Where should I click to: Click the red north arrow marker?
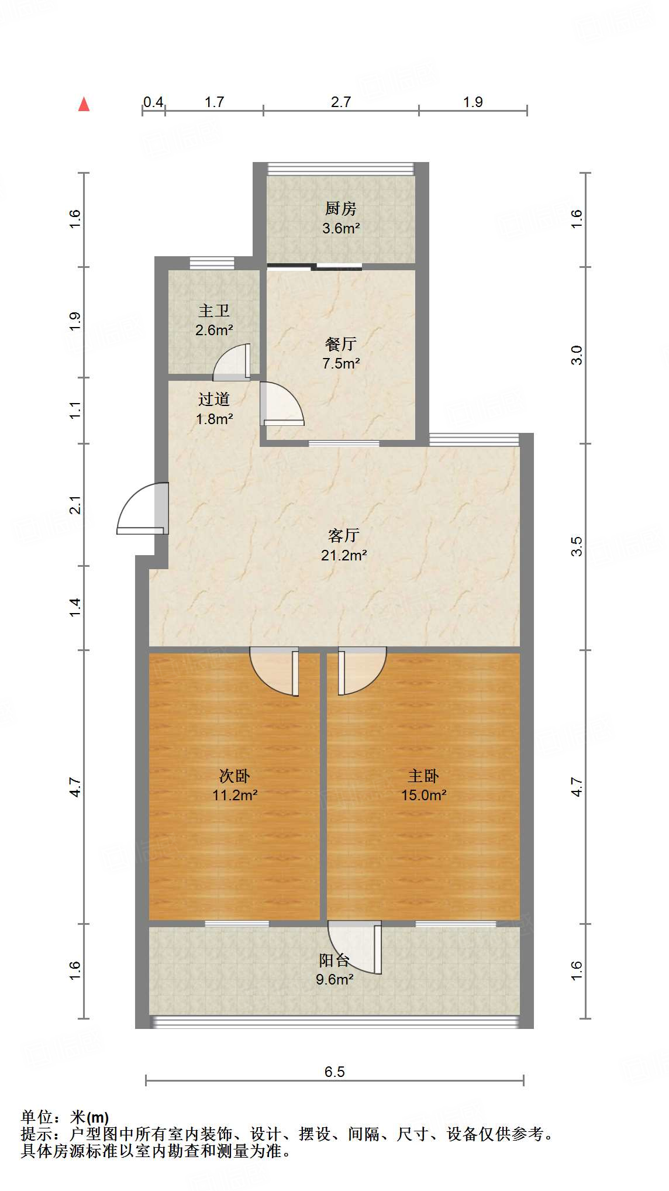pyautogui.click(x=84, y=104)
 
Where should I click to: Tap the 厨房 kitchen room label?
pyautogui.click(x=341, y=208)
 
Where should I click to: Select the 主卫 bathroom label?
pyautogui.click(x=214, y=311)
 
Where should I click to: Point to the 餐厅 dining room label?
pyautogui.click(x=341, y=343)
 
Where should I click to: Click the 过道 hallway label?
pyautogui.click(x=214, y=399)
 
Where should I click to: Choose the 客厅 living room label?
pyautogui.click(x=344, y=535)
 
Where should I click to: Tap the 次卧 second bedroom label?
pyautogui.click(x=235, y=776)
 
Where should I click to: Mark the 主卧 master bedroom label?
pyautogui.click(x=423, y=776)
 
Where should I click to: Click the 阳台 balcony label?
pyautogui.click(x=334, y=960)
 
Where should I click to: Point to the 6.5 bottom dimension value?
pyautogui.click(x=334, y=1072)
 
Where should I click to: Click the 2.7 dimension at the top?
pyautogui.click(x=341, y=102)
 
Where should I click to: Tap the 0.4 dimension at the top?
pyautogui.click(x=153, y=102)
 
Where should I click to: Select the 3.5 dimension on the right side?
pyautogui.click(x=577, y=546)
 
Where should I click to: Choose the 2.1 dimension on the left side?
pyautogui.click(x=75, y=505)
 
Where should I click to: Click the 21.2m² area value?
pyautogui.click(x=344, y=555)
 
